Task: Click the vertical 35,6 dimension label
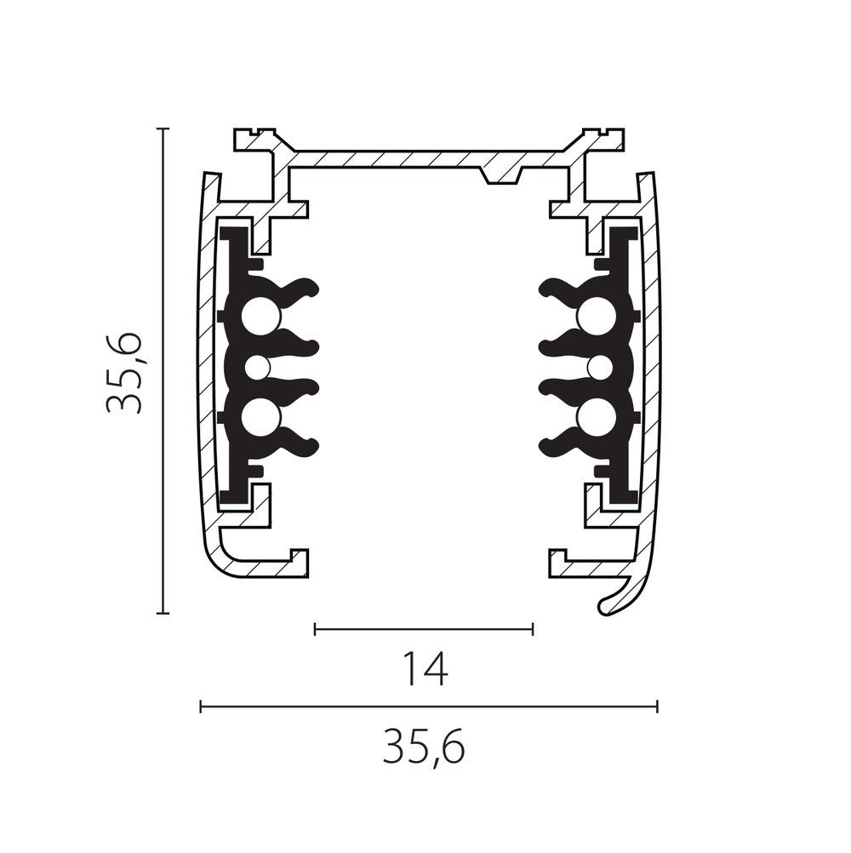coord(123,373)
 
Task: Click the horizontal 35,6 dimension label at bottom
coord(424,747)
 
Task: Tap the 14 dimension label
coord(424,670)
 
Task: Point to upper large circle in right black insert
coord(597,318)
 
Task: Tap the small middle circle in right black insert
coord(600,368)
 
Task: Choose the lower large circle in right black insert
coord(597,418)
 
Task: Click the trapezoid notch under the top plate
coord(500,175)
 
